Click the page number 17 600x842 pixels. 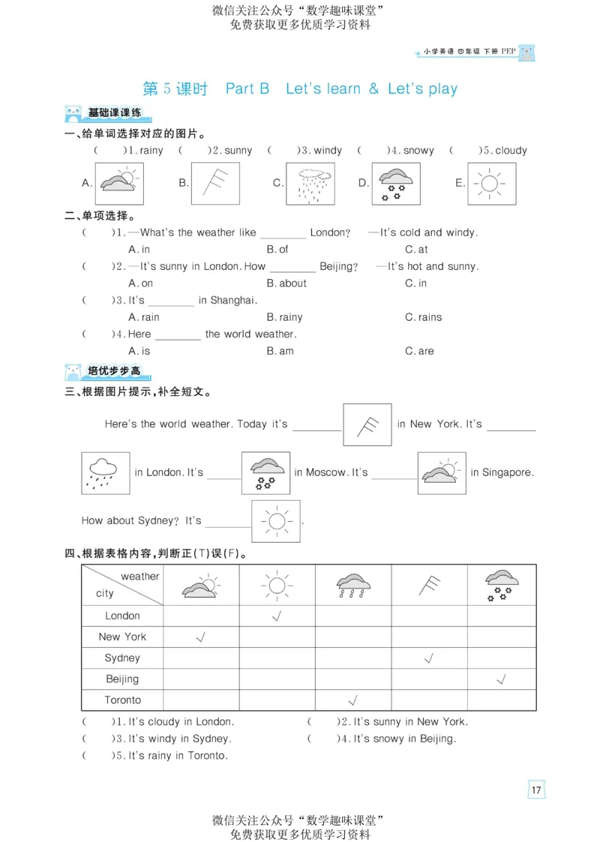pos(535,790)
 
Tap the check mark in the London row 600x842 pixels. pos(276,616)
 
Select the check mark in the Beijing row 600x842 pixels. pos(501,679)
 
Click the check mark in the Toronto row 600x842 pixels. pos(352,700)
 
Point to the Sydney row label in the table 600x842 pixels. pos(122,658)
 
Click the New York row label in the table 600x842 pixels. pos(122,637)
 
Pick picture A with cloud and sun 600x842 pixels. pos(119,184)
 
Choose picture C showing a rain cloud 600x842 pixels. pos(310,184)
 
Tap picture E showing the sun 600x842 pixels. pos(491,184)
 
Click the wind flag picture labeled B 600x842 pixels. pos(215,184)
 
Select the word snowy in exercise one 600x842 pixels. pos(418,151)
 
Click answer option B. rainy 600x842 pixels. pos(284,317)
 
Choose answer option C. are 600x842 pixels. pos(419,351)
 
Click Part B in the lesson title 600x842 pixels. pos(247,88)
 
